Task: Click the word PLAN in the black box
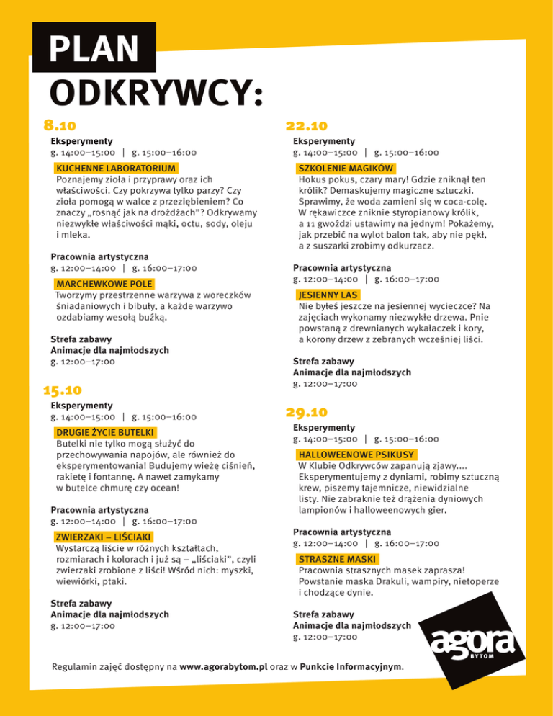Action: point(94,49)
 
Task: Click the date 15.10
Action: point(63,391)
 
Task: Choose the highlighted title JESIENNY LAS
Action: point(328,295)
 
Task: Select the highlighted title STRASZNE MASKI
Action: point(337,559)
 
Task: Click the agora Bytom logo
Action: point(472,642)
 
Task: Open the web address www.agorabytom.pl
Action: point(223,666)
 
